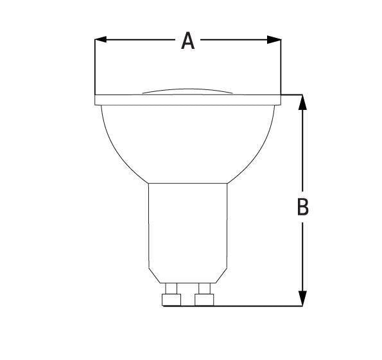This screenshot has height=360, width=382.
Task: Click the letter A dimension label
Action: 188,40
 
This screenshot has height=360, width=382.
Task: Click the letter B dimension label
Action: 303,207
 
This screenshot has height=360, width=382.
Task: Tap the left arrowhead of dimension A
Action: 100,39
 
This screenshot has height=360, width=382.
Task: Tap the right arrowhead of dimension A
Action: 274,39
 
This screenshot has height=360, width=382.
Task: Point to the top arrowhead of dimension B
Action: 302,102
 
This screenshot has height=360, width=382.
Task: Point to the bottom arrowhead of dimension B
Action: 302,298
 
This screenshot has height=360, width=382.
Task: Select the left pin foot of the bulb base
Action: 171,300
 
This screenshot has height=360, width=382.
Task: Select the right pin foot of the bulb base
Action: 204,300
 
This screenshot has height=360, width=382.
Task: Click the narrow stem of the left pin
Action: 171,289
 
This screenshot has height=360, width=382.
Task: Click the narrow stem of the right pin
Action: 205,289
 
